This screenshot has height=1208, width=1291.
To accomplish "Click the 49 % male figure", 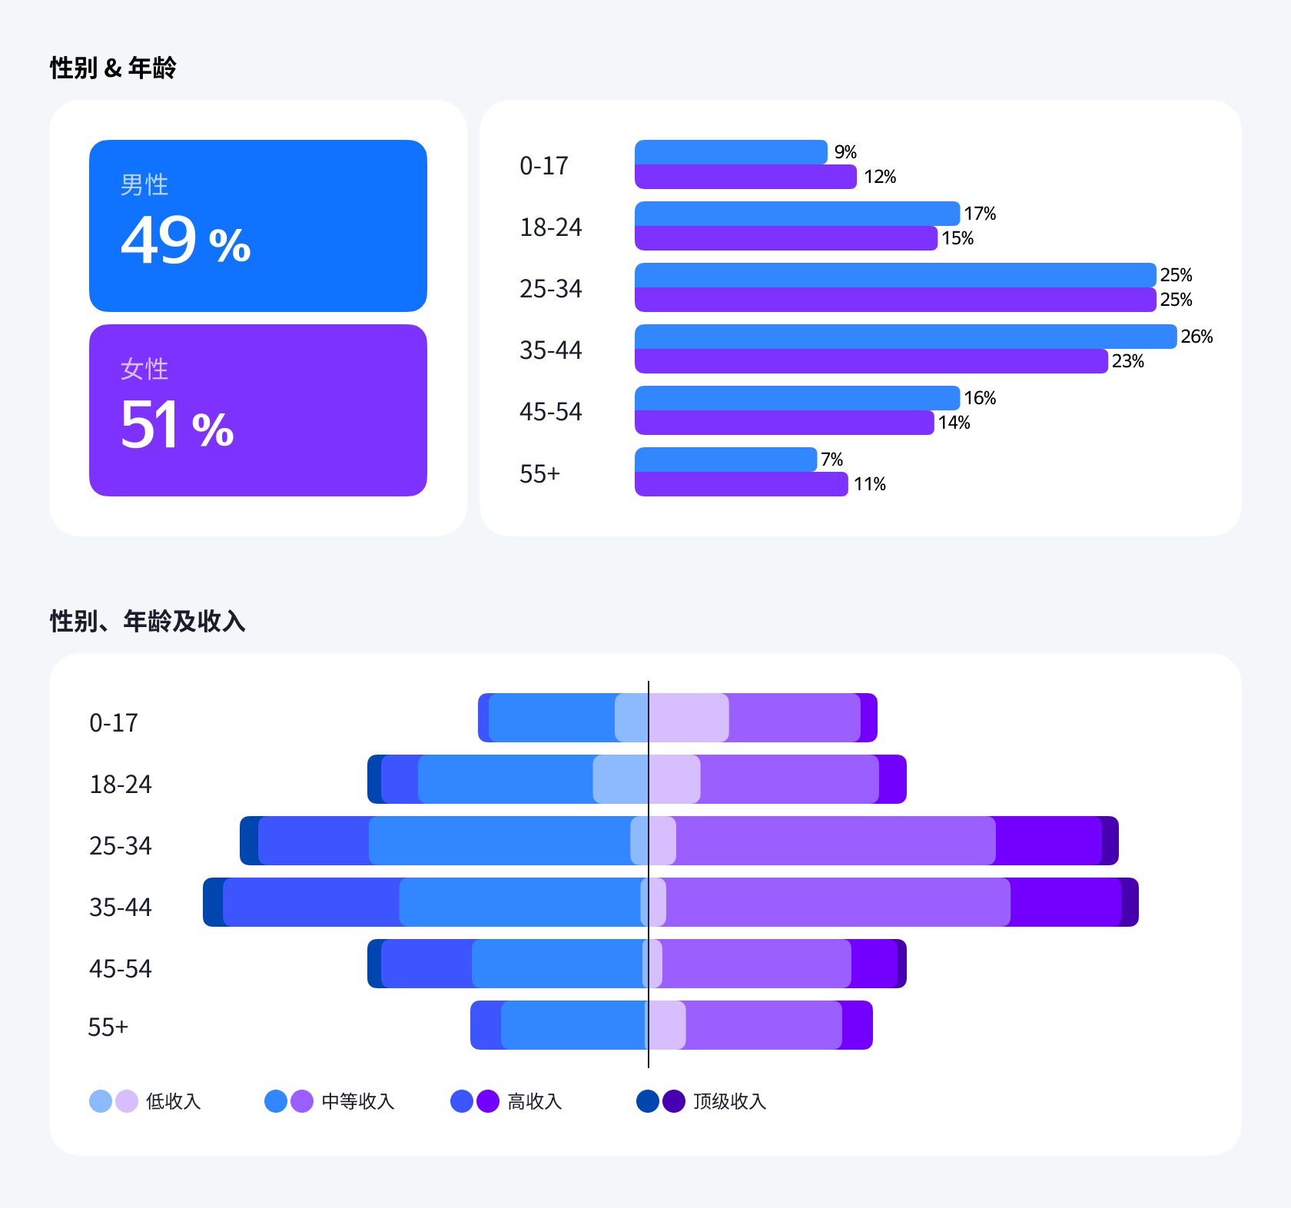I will click(185, 241).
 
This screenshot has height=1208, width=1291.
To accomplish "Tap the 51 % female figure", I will click(177, 425).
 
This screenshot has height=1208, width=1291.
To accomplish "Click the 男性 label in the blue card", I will click(144, 185).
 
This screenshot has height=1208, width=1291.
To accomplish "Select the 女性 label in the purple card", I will click(144, 370).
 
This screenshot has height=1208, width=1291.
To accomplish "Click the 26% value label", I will click(1196, 337).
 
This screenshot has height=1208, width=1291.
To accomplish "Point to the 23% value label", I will click(1127, 361).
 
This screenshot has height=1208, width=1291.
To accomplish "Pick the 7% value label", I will click(831, 460).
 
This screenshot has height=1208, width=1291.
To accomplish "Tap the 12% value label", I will click(880, 177).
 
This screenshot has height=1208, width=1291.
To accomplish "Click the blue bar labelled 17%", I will click(796, 214).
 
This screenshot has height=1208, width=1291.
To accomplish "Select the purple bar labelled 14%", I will click(784, 423).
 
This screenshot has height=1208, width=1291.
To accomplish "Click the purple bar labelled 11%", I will click(741, 484).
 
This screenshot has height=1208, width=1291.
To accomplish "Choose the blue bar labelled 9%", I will click(730, 152).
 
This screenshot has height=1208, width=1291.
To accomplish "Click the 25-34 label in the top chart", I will click(550, 289).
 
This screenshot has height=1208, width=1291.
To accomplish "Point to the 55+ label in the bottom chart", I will click(108, 1027).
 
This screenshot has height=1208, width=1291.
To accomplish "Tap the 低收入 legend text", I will click(174, 1101).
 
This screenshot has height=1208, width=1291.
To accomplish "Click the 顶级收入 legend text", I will click(730, 1101).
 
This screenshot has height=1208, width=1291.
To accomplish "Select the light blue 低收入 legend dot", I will click(101, 1101).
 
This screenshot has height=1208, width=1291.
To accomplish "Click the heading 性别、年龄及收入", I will click(148, 621).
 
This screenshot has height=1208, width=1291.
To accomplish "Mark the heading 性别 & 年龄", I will click(113, 68).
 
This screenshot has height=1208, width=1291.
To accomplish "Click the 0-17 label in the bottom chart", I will click(114, 723).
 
